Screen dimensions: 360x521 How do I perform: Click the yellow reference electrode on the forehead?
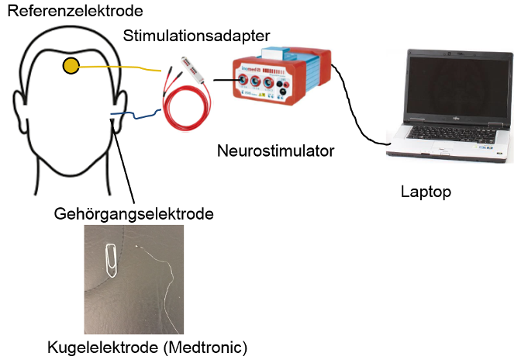71,67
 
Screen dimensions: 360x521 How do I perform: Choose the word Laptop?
426,190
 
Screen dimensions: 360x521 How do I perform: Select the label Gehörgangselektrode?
134,212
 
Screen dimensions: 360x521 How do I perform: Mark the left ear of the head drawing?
20,109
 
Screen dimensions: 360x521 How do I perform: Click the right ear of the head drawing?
122,109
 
